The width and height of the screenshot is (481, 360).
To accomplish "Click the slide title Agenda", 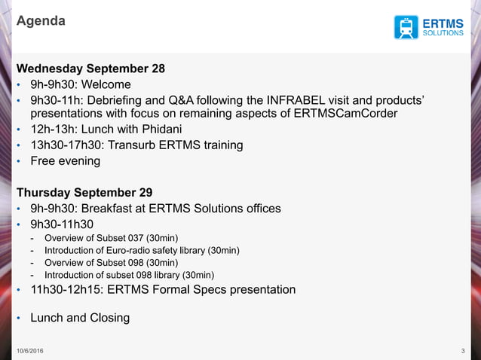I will point(41,21).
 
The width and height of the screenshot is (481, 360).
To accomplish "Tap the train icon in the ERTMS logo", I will point(406,26).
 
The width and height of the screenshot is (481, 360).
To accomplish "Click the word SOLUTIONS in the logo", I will point(443,33).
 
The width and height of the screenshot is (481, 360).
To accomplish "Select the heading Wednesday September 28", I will point(90,69).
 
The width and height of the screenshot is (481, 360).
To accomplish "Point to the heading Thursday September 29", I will point(84,192).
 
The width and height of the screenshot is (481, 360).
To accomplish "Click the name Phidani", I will point(155,129).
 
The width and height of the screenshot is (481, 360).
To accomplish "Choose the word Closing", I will point(109,317).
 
